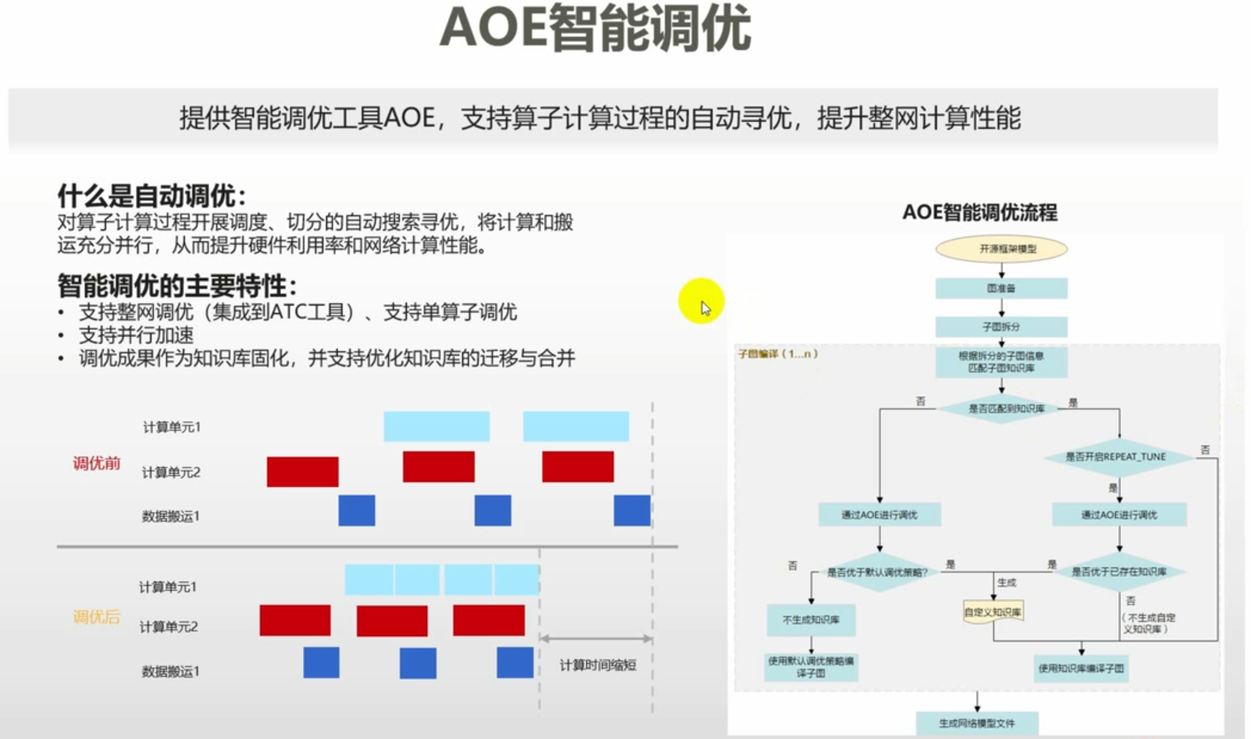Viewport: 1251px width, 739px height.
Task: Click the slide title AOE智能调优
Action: [595, 29]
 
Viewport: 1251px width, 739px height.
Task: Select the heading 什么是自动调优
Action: [152, 195]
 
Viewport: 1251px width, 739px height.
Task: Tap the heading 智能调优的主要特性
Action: [177, 286]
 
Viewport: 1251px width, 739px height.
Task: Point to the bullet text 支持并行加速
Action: [136, 335]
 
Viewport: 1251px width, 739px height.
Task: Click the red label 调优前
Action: [96, 463]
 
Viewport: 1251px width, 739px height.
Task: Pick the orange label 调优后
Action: [96, 617]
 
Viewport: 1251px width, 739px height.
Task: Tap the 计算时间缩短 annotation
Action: [597, 665]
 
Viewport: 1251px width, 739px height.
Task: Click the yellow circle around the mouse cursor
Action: [701, 301]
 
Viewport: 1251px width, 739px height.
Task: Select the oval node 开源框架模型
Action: [1001, 249]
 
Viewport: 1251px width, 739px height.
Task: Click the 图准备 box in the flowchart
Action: [1001, 288]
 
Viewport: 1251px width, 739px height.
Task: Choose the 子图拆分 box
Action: [1001, 327]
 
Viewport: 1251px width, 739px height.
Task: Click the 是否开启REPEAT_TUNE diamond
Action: [1115, 457]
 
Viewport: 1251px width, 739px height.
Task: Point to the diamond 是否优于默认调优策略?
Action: [877, 572]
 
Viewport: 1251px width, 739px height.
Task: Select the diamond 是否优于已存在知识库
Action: [1118, 572]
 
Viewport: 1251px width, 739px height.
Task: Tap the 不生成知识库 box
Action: [811, 620]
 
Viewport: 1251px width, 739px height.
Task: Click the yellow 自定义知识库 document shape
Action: [993, 612]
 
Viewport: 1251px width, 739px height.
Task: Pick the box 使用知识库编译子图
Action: [1081, 669]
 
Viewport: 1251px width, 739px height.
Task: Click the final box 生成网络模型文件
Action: [976, 723]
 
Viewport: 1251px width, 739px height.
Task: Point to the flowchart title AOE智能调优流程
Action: [979, 213]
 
